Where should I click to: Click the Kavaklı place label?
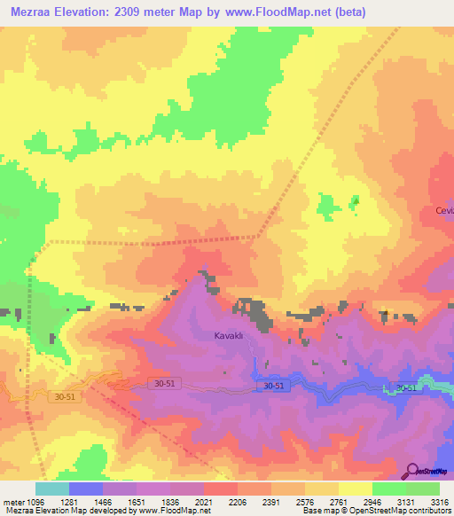click(x=229, y=336)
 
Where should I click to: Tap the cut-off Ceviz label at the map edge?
click(x=443, y=210)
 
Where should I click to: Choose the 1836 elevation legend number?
click(x=171, y=502)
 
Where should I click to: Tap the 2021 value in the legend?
click(x=204, y=502)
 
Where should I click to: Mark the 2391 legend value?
click(x=270, y=502)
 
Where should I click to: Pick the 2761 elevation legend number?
click(x=336, y=502)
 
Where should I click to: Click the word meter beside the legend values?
click(x=14, y=502)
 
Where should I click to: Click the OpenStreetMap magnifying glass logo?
click(x=412, y=471)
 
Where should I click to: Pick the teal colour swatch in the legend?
click(x=51, y=489)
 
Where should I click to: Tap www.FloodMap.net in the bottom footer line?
click(x=176, y=512)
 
